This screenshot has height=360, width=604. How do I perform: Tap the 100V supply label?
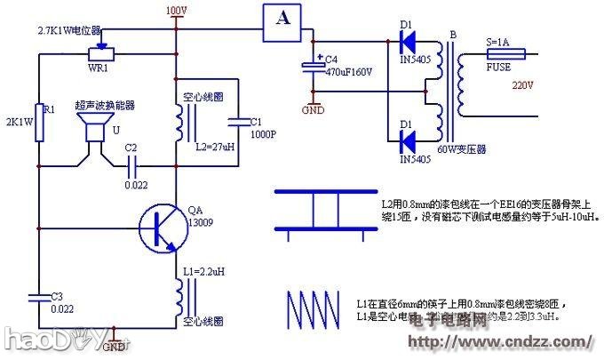pyautogui.click(x=176, y=10)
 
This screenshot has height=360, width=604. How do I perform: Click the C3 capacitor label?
pyautogui.click(x=56, y=296)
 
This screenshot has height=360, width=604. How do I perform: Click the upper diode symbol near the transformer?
pyautogui.click(x=407, y=41)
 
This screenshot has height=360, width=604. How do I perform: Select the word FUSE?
pyautogui.click(x=499, y=66)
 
